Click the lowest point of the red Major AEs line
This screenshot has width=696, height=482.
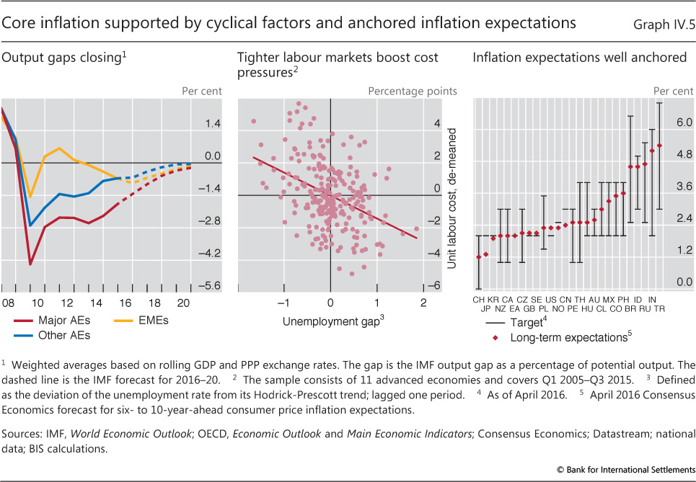pos(30,264)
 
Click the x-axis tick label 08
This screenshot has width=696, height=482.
pos(8,303)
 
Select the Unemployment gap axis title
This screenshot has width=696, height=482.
pos(329,321)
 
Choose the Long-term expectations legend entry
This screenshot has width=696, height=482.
pos(568,336)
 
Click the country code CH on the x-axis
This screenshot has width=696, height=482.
pos(479,298)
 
